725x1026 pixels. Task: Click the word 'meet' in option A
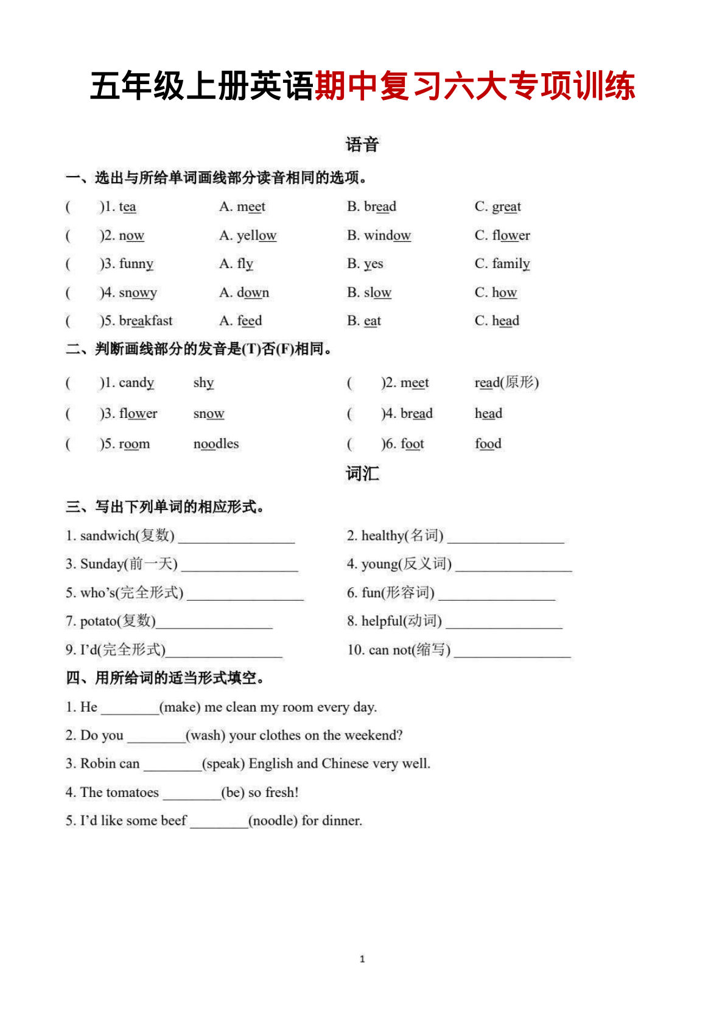pyautogui.click(x=251, y=207)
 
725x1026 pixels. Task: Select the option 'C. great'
pyautogui.click(x=498, y=207)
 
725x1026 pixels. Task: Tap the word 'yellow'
pyautogui.click(x=256, y=235)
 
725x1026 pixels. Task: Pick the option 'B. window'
pyautogui.click(x=379, y=235)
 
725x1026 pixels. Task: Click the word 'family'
pyautogui.click(x=511, y=264)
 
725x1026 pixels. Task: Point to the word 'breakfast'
pyautogui.click(x=145, y=321)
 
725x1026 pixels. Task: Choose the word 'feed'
pyautogui.click(x=249, y=321)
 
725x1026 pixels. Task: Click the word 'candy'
pyautogui.click(x=136, y=383)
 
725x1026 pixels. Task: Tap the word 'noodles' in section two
pyautogui.click(x=216, y=444)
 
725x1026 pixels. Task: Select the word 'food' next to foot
pyautogui.click(x=488, y=444)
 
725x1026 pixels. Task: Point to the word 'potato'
pyautogui.click(x=99, y=621)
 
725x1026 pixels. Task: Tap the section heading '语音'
pyautogui.click(x=362, y=145)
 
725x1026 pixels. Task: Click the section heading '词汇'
pyautogui.click(x=362, y=474)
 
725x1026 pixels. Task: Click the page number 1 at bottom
pyautogui.click(x=362, y=959)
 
